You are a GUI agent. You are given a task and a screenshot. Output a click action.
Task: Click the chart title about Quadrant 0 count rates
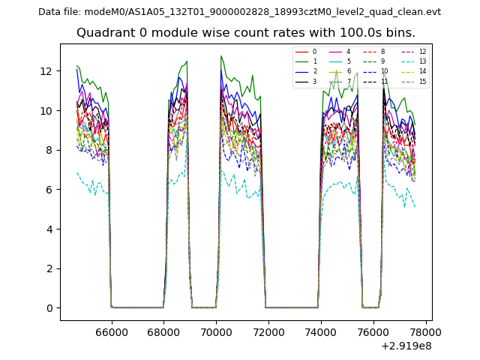[245, 33]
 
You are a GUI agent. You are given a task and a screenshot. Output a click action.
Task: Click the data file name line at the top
[239, 12]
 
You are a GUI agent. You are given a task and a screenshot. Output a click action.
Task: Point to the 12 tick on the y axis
[46, 71]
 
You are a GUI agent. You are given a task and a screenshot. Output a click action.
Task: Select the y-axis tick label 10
[46, 111]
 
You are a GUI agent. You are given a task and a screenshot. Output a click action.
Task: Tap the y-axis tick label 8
[49, 150]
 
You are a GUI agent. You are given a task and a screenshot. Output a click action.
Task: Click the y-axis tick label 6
[49, 190]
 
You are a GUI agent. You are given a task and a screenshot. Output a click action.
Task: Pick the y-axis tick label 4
[49, 229]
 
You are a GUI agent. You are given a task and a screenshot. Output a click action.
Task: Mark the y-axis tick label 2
[49, 268]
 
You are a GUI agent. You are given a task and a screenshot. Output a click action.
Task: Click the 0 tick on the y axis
[49, 308]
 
